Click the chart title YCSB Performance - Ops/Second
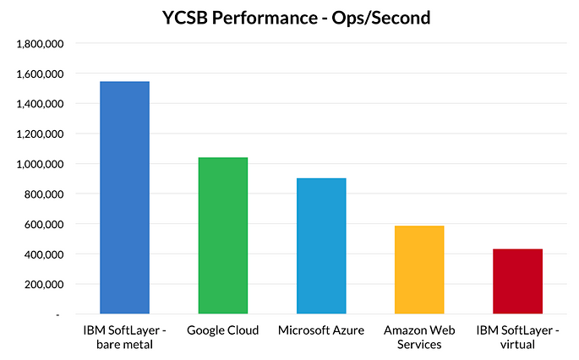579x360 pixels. click(289, 16)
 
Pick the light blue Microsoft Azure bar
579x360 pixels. click(321, 245)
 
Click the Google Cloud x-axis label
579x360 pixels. click(223, 330)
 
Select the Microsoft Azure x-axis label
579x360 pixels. click(321, 330)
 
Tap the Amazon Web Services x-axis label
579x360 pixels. click(419, 336)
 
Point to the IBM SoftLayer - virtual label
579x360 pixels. click(517, 336)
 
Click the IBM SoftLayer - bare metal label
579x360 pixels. click(125, 336)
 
